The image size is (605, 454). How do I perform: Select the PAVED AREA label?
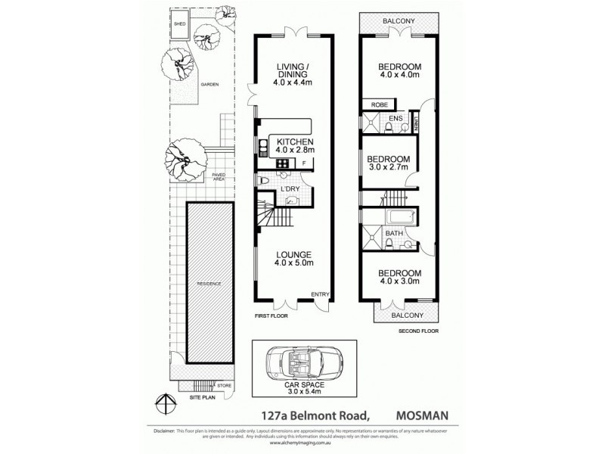coord(219,177)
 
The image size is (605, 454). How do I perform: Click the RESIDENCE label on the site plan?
coord(209,284)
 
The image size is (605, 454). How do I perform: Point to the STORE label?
coord(225,386)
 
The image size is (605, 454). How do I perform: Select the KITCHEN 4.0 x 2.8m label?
coord(295,147)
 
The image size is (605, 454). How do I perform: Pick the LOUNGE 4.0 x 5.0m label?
coord(294,259)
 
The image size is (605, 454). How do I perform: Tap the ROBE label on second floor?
coord(379,105)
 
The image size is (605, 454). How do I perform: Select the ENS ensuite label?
coord(396,119)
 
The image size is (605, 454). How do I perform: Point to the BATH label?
coord(394,233)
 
